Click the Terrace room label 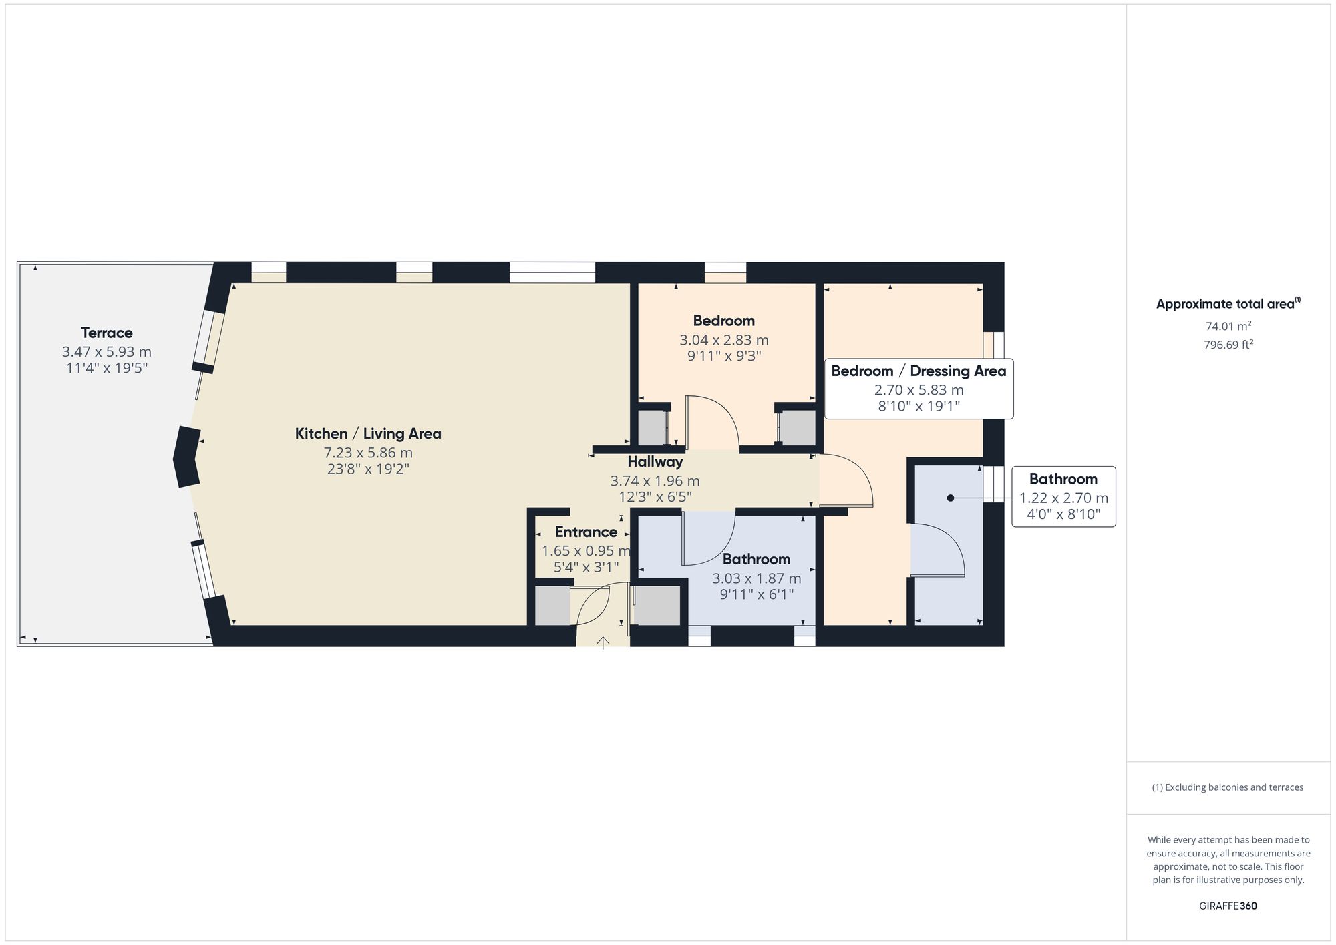(107, 333)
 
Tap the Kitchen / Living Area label (368, 434)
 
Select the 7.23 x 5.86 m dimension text (368, 453)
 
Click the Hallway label (655, 462)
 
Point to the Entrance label (586, 532)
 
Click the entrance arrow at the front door (603, 643)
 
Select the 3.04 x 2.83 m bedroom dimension (724, 340)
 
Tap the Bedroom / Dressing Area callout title (918, 371)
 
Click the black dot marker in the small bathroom (950, 498)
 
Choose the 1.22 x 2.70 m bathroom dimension (1063, 498)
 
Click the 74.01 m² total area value (1228, 327)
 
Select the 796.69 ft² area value (1228, 345)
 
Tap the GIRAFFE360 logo (1228, 906)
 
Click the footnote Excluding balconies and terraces (1228, 787)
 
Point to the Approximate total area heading (1228, 304)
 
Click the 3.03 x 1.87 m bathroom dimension (756, 578)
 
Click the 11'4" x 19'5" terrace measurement (107, 368)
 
